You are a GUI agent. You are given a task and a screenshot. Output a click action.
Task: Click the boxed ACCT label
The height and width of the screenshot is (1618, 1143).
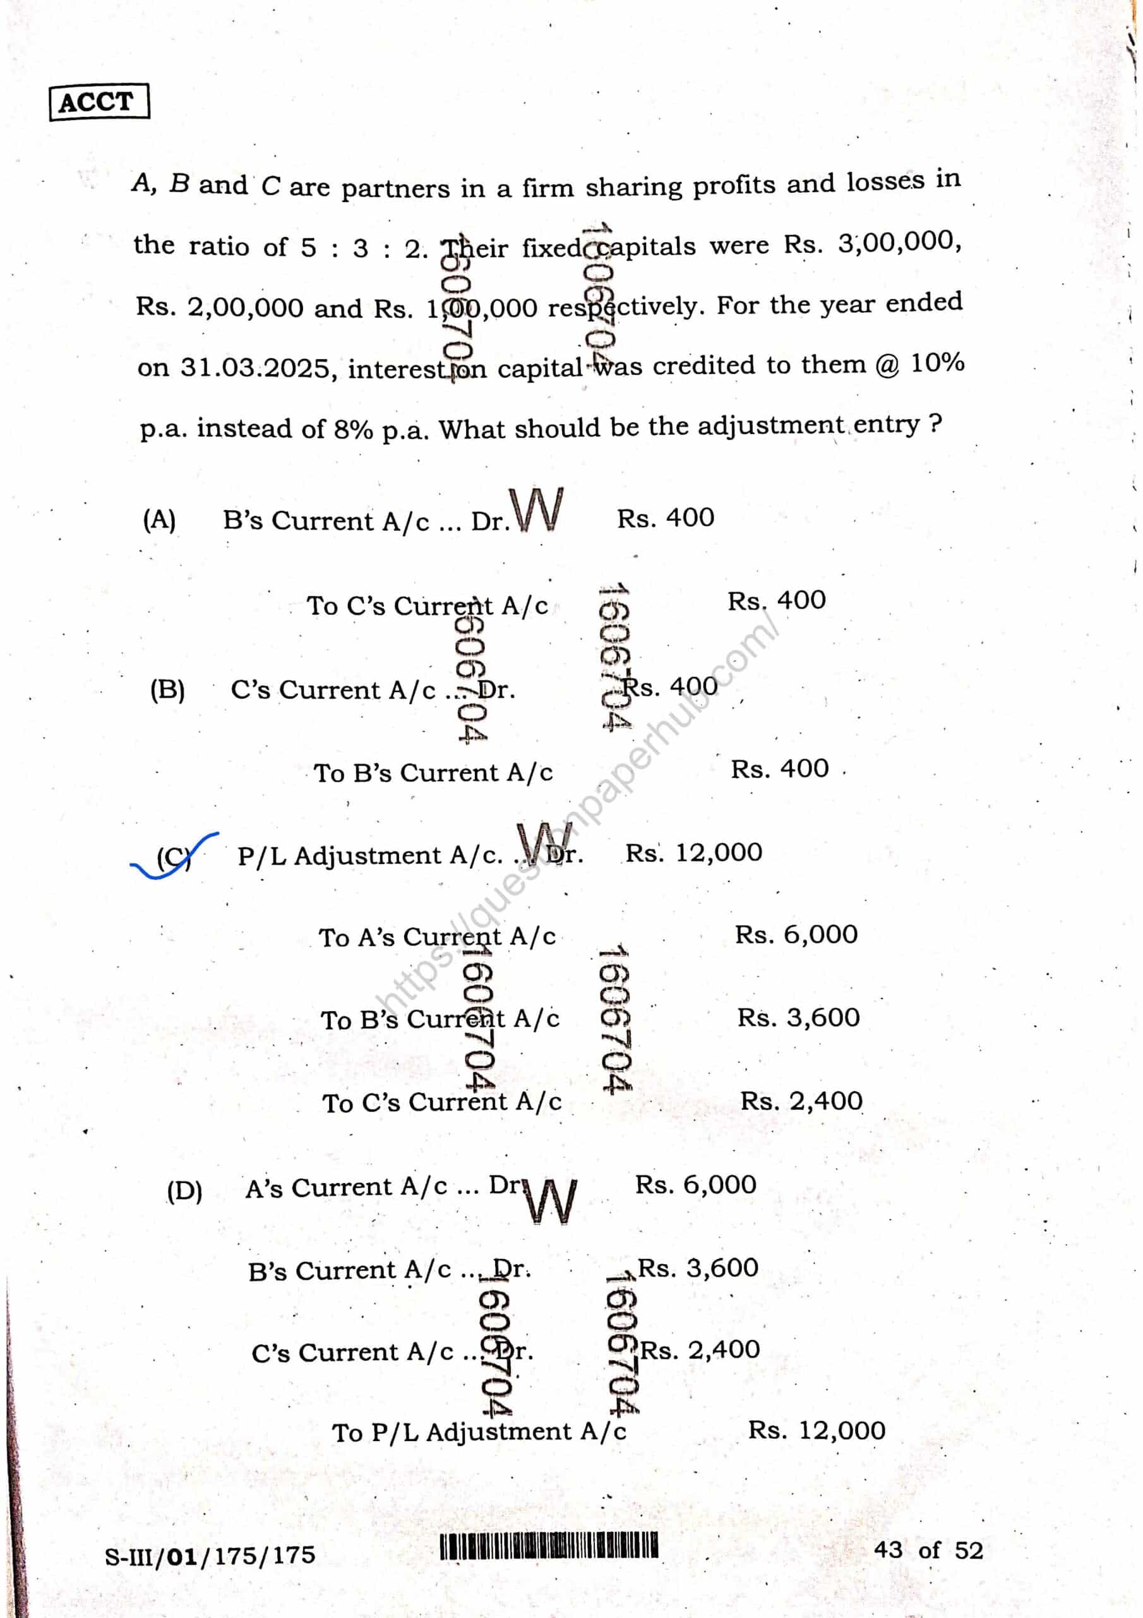pos(99,103)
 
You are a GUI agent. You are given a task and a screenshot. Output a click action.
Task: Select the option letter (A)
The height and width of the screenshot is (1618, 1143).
pos(159,521)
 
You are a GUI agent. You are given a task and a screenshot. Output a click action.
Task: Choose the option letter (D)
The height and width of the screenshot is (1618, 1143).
pos(184,1190)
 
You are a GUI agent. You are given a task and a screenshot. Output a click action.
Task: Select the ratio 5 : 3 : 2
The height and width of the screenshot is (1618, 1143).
pos(361,248)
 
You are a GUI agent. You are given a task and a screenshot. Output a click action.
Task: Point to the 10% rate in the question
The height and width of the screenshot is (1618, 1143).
pos(937,363)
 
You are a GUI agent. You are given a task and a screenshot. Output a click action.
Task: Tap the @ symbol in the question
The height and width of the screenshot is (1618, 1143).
pos(889,365)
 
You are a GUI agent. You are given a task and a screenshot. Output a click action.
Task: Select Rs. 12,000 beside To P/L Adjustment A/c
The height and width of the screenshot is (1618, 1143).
pos(817,1430)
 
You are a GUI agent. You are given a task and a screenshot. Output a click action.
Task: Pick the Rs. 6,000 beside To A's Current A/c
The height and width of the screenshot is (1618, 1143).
pos(796,934)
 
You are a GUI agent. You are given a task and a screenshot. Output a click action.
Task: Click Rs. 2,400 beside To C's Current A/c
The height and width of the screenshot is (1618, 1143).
pos(801,1101)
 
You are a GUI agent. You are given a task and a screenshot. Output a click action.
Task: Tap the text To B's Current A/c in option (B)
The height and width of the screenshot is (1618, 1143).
pos(433,773)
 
